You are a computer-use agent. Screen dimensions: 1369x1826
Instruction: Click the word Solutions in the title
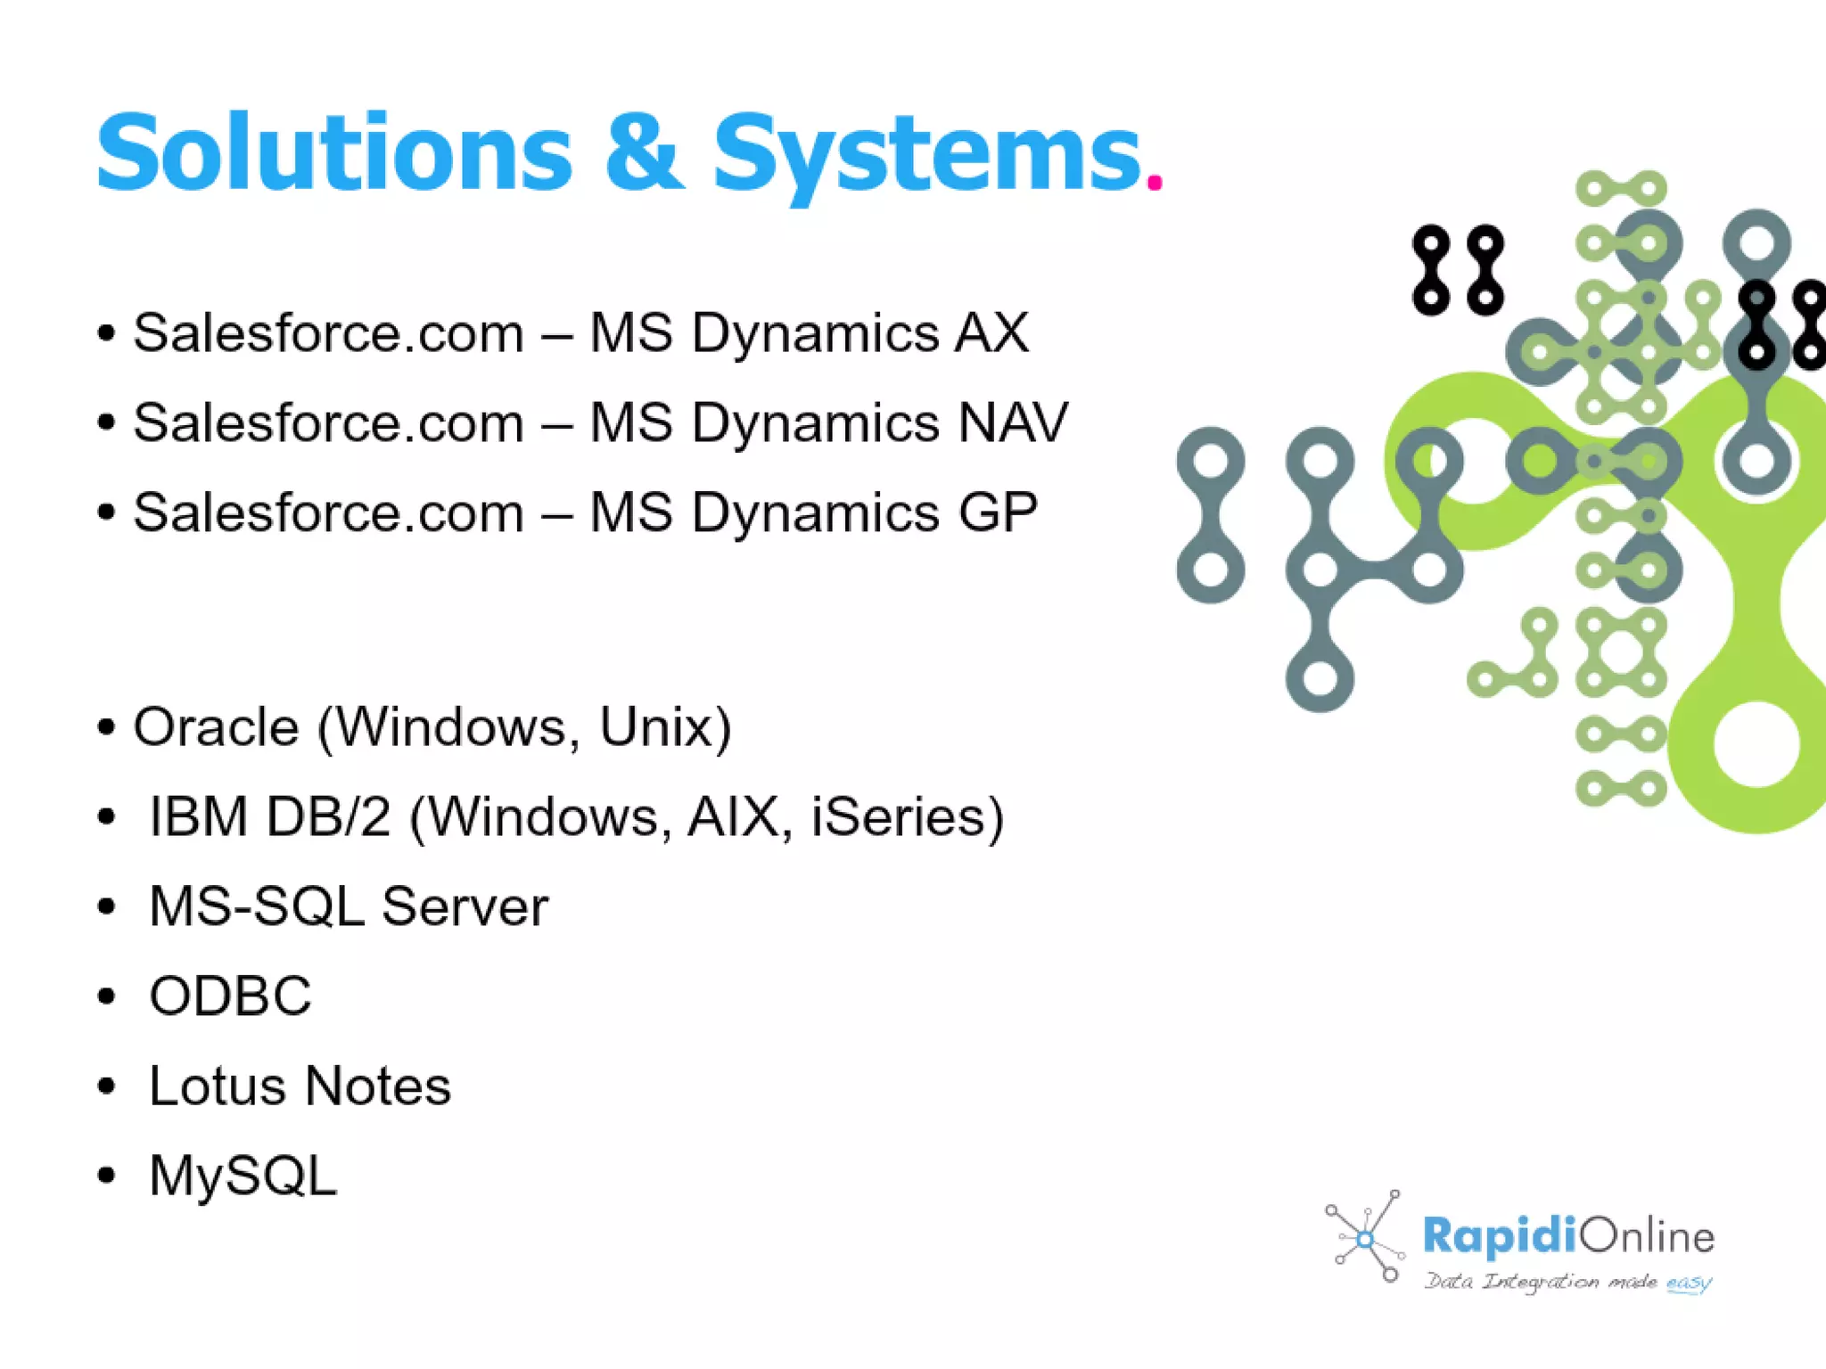pos(333,153)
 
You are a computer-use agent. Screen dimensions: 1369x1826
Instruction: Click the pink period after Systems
pos(1155,182)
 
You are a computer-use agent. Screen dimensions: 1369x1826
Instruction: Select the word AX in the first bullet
pos(992,333)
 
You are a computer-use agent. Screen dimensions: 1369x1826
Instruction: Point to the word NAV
pos(1012,422)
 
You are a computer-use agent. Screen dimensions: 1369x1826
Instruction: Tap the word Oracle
pos(216,727)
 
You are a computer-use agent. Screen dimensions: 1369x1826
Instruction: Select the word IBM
pos(198,816)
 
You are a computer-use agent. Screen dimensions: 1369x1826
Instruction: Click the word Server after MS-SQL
pos(465,906)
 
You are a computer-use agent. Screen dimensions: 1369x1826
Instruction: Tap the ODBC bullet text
pos(230,996)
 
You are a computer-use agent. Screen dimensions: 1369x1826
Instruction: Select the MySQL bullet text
pos(243,1176)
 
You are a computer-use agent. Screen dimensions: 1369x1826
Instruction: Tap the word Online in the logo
pos(1647,1236)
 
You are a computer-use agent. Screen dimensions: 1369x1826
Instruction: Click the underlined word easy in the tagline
pos(1688,1283)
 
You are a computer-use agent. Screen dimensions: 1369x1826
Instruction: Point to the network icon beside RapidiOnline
pos(1364,1237)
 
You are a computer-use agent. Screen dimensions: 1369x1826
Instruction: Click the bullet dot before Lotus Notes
pos(107,1086)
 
